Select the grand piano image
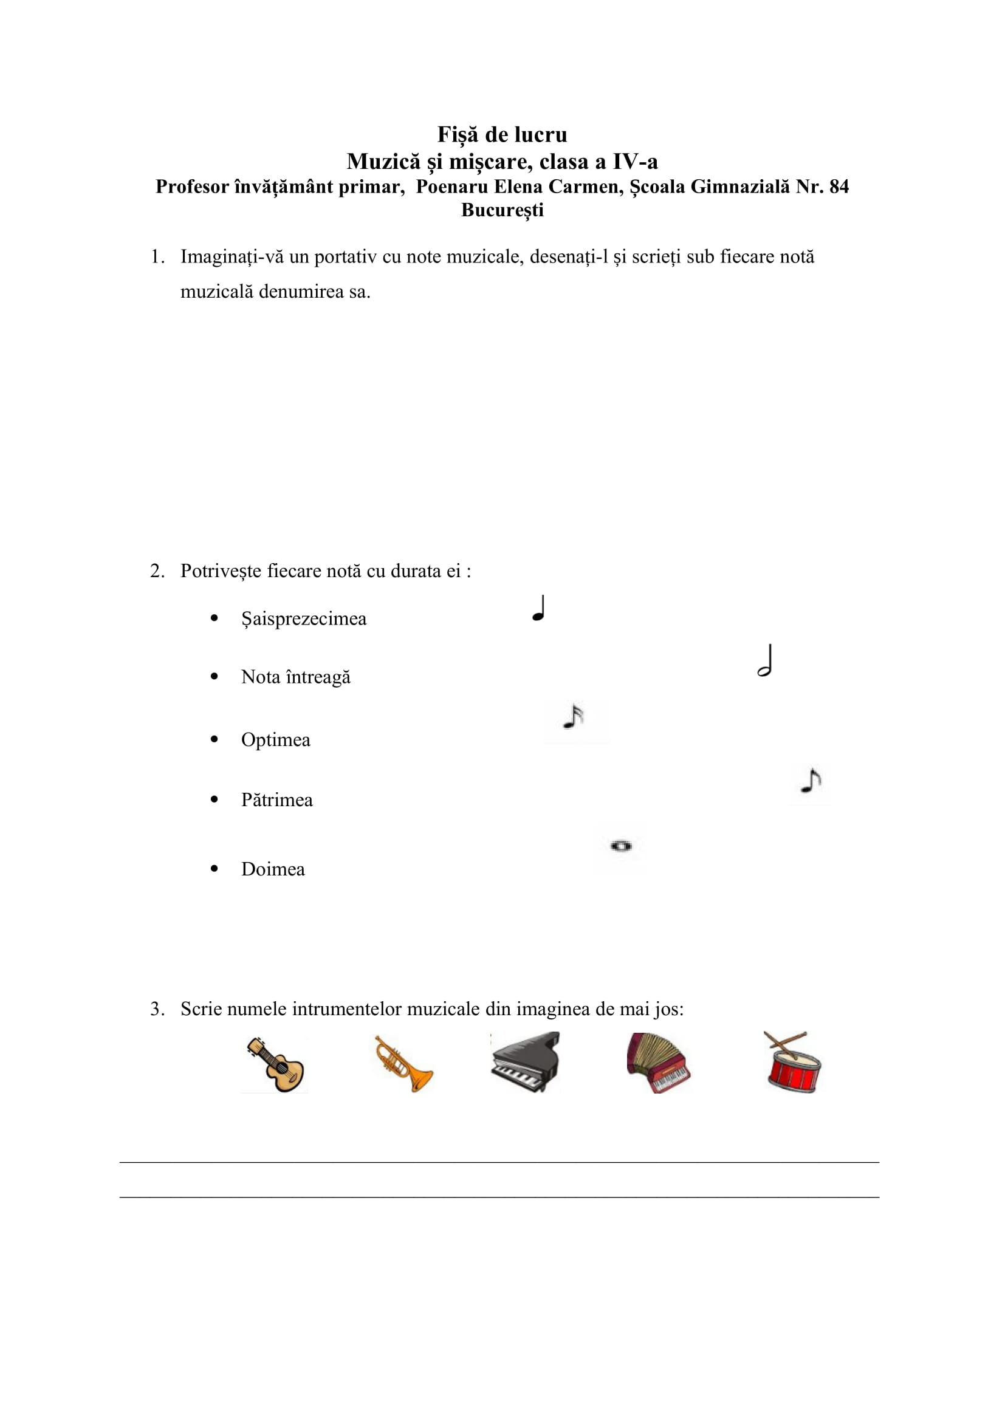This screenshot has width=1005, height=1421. point(526,1062)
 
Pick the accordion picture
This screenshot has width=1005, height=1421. point(658,1063)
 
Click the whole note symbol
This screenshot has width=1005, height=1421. point(621,846)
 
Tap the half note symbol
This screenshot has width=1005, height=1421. point(766,661)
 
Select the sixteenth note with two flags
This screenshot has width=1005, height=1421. point(574,717)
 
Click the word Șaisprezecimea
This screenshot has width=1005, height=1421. point(303,619)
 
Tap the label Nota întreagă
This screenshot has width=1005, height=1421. point(296,677)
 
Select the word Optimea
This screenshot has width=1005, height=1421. point(275,739)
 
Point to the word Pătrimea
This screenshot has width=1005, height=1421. point(276,800)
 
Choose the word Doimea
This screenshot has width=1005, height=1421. point(273,869)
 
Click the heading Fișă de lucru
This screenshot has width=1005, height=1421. point(502,134)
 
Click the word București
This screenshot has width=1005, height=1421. point(502,210)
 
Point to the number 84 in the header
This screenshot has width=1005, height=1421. point(838,187)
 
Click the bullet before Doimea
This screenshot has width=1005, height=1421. point(214,869)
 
